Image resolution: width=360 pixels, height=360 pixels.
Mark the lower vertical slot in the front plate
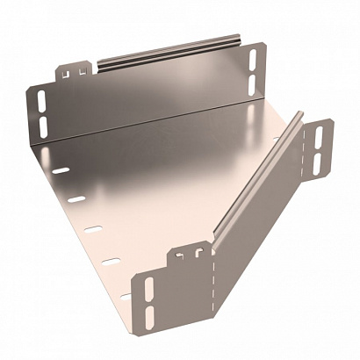point(148,316)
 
